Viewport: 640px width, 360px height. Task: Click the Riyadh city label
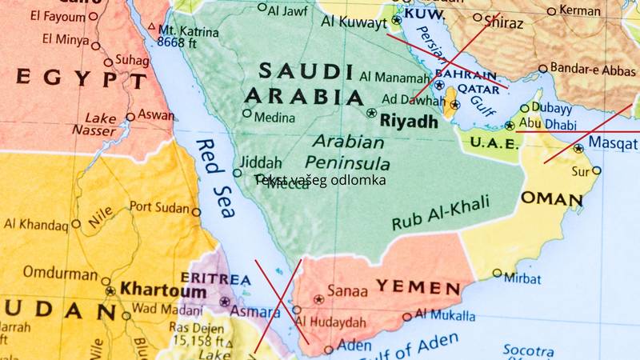tap(409, 122)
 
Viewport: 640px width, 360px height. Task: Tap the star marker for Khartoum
tap(110, 291)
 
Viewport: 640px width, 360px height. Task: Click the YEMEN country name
tap(418, 287)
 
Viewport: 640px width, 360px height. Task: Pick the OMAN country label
tap(551, 198)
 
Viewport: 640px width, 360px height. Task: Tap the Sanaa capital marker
tap(319, 299)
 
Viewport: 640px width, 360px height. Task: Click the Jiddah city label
tap(260, 161)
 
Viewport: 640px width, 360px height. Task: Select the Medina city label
tap(274, 118)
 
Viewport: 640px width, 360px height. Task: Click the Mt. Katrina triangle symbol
tap(151, 26)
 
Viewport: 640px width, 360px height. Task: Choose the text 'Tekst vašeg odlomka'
tap(321, 180)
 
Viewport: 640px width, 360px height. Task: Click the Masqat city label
tap(613, 142)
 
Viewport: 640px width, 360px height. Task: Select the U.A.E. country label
tap(495, 142)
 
